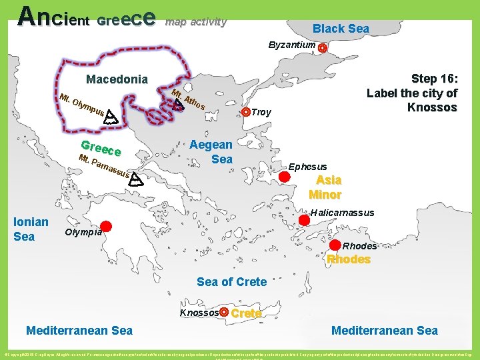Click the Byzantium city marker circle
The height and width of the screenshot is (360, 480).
point(323,48)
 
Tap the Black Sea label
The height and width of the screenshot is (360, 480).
point(341,28)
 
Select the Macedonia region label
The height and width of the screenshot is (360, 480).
point(117,79)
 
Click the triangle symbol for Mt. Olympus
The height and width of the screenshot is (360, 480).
point(111,118)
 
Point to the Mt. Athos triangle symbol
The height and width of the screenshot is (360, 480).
point(178,103)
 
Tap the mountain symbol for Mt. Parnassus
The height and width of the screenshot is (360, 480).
point(135,179)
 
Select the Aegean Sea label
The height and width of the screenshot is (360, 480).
point(211,151)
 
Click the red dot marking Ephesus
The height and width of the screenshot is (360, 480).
point(284,177)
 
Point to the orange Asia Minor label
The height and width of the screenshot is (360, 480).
point(325,187)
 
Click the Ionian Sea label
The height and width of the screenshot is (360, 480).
point(31,229)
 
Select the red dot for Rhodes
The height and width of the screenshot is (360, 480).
point(335,244)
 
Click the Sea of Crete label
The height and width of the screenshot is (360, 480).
point(231,281)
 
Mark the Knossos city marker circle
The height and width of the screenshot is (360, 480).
point(225,312)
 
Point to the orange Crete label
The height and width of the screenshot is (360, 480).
point(246,313)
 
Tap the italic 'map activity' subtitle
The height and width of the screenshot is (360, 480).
point(196,21)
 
